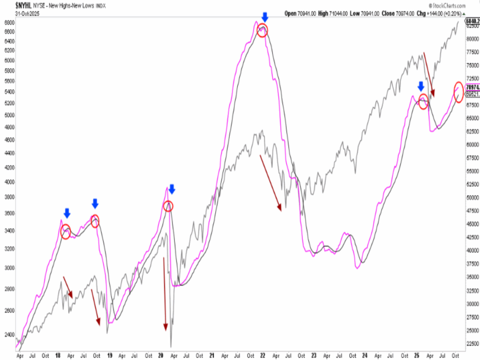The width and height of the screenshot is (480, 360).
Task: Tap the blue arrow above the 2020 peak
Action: pos(172,189)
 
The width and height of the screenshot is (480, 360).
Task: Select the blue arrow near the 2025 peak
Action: pos(421,86)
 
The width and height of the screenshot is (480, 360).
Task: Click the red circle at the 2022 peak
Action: pos(262,31)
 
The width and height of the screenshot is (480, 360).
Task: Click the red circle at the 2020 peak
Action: pos(168,206)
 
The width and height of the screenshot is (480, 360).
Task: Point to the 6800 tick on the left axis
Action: pos(9,22)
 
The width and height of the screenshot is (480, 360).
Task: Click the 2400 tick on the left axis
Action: pos(9,335)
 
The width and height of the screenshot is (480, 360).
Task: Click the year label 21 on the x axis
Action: pos(212,356)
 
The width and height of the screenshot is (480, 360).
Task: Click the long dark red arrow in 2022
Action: pos(270,182)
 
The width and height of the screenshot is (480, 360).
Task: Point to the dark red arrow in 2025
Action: pos(428,75)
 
